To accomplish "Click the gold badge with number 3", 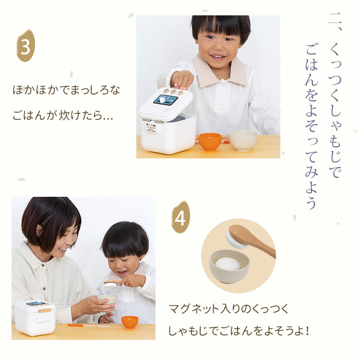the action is coord(26,46).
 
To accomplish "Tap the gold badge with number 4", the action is coord(180,217).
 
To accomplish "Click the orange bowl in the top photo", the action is coord(210,142).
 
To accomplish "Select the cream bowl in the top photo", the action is coord(243,141).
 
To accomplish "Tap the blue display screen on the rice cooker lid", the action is coord(166,99).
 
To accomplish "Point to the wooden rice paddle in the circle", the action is coord(252,240).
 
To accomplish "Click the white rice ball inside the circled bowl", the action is coord(228,264).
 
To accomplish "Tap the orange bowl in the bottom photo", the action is coord(130,322).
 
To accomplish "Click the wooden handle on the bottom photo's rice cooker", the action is coord(45,311).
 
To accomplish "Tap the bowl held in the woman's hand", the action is coord(107,300).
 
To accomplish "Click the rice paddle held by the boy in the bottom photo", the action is coord(112,284).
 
